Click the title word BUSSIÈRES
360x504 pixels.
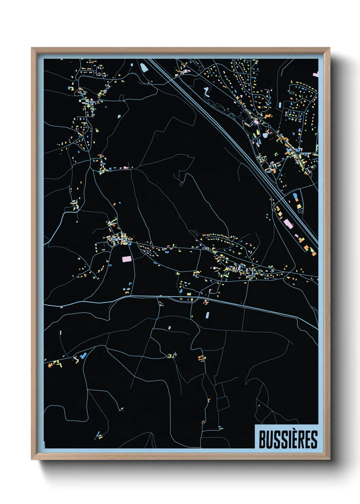[288, 439]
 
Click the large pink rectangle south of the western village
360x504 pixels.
[126, 259]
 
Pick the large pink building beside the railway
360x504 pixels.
[288, 223]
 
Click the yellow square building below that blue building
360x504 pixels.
[299, 206]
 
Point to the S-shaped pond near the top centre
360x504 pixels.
[206, 91]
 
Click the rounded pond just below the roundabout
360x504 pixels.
[265, 135]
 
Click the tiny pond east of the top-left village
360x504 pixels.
[119, 116]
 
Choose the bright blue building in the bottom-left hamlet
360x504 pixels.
[83, 356]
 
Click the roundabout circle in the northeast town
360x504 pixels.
[269, 127]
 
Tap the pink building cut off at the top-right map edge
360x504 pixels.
[316, 74]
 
